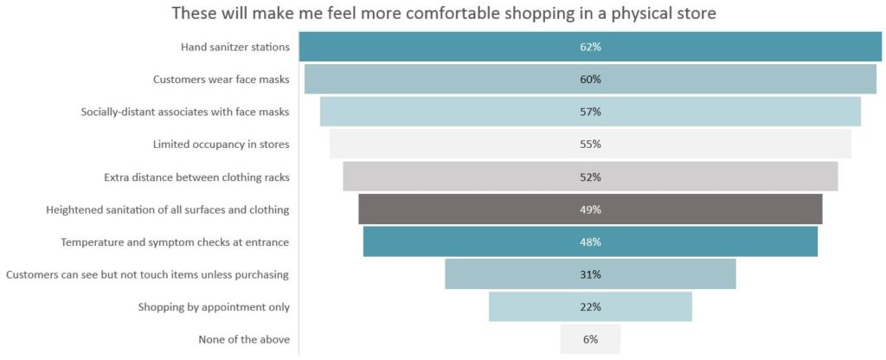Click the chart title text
(x=444, y=14)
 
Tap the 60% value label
(x=590, y=80)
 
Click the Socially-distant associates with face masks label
(x=184, y=112)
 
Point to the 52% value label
(x=590, y=177)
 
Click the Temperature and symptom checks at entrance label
(x=175, y=242)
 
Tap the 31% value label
(x=590, y=274)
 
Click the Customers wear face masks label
(x=221, y=80)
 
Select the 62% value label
(x=590, y=47)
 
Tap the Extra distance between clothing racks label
(x=196, y=177)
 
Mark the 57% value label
(x=590, y=112)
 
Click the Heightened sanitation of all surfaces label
(x=167, y=209)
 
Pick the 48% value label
(x=590, y=242)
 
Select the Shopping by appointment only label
(x=214, y=307)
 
